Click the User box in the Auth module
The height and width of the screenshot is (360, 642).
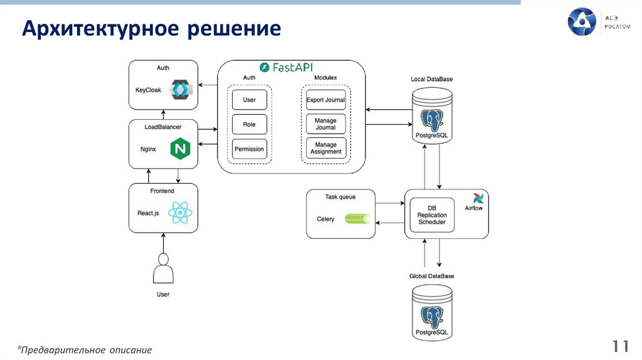point(249,100)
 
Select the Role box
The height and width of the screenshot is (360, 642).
point(249,124)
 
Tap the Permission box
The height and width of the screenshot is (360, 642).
point(249,149)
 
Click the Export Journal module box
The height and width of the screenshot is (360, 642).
point(325,100)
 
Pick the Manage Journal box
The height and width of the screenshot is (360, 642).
point(325,124)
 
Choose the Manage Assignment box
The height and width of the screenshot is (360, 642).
point(325,148)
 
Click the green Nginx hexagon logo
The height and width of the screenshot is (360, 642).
point(181,149)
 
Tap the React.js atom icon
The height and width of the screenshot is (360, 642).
point(181,213)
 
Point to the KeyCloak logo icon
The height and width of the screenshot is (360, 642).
point(181,90)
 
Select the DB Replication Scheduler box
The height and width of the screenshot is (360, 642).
point(432,214)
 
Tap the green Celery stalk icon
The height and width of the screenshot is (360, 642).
point(355,219)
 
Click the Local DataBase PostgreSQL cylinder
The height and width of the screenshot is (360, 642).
point(432,117)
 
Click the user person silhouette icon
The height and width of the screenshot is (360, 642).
point(163,270)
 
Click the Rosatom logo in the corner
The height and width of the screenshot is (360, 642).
point(581,21)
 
